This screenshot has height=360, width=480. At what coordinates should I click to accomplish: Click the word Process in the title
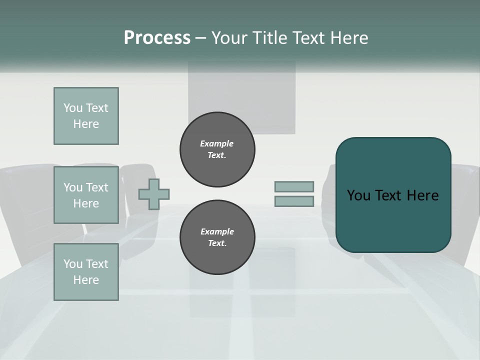pos(157,37)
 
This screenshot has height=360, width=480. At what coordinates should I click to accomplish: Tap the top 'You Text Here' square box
pos(86,116)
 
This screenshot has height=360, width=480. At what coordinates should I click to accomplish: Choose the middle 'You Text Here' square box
pos(86,195)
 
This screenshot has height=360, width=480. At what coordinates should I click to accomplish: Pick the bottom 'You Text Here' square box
pos(86,272)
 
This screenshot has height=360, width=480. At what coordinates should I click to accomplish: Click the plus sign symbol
pos(154,194)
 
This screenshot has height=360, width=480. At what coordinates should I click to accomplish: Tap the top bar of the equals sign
pos(294,186)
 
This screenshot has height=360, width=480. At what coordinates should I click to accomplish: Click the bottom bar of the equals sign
pos(294,201)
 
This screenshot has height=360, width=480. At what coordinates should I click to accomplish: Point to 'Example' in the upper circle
pos(216,143)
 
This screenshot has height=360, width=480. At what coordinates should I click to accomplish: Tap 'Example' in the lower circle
pos(217,231)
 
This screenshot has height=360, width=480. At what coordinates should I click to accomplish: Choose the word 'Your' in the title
pos(229,37)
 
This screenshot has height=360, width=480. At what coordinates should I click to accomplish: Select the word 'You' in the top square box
pos(72,108)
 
